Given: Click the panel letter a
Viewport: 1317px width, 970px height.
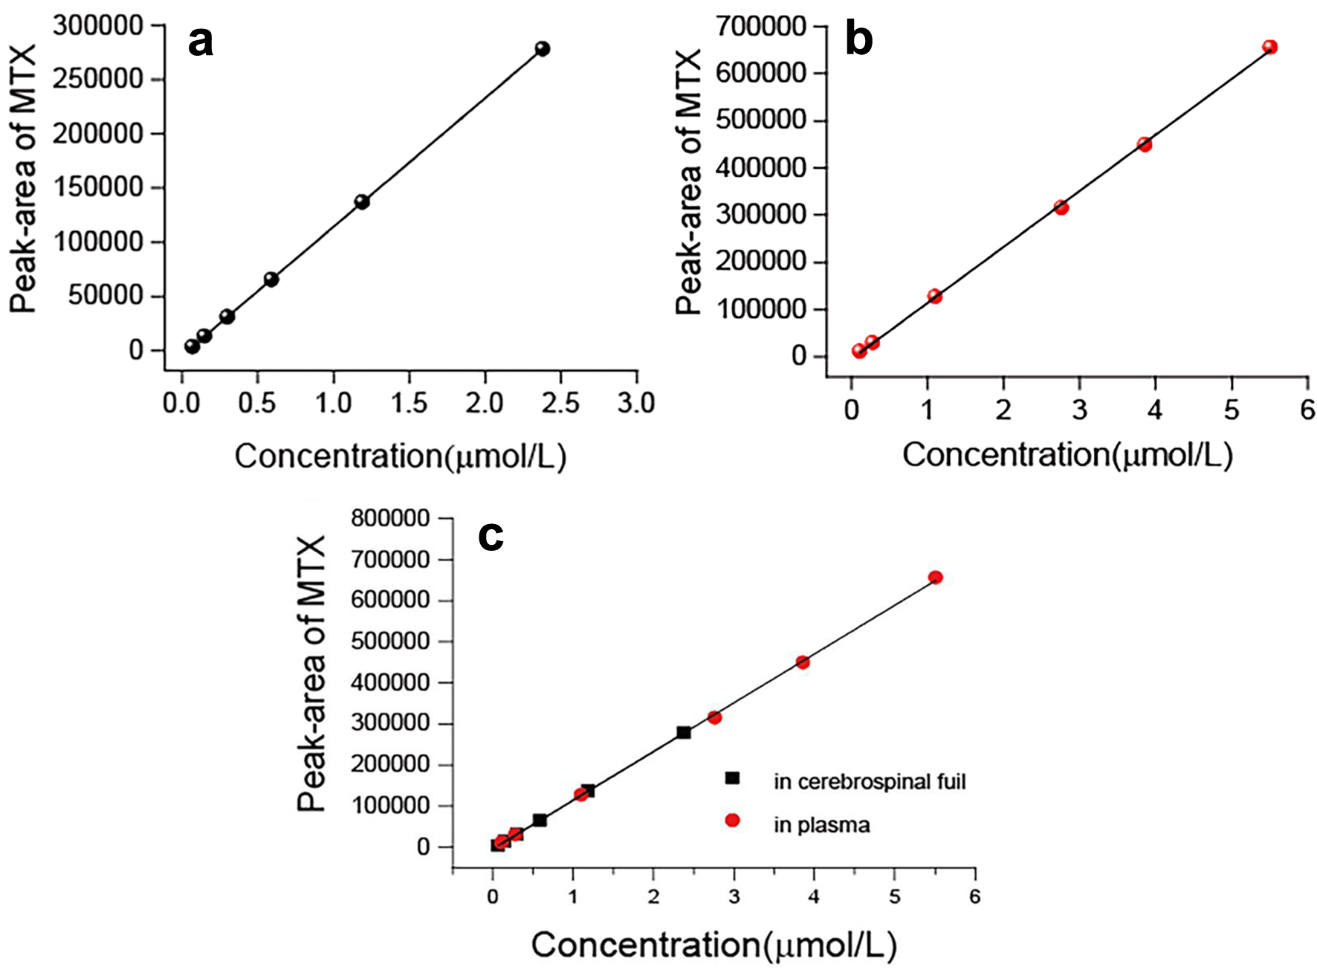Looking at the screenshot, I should coord(201,42).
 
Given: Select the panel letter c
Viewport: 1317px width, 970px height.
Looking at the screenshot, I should coord(491,535).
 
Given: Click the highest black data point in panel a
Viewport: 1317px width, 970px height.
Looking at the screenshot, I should coord(543,49).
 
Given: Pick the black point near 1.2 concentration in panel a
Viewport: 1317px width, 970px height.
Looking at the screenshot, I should coord(362,201).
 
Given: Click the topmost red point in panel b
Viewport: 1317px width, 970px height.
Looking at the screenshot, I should coord(1269,48).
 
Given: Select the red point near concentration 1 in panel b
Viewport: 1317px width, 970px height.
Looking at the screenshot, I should coord(934,297).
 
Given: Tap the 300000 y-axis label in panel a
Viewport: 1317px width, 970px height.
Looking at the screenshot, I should coord(98,26).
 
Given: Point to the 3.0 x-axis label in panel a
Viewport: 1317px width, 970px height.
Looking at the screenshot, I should coord(637,403).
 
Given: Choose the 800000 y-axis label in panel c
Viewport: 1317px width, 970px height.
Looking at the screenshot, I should coord(390,518).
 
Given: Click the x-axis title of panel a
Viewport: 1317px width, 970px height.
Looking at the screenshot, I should coord(401,456).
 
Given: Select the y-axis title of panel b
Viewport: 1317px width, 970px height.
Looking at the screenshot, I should coord(689,182).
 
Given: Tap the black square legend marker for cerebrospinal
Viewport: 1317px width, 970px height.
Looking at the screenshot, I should coord(733,778).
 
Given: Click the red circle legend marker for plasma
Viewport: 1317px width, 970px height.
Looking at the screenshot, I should coord(733,821).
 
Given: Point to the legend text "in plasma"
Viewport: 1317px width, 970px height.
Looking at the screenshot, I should coord(821,825).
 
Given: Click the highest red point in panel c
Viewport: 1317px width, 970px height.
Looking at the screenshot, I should coord(936,578).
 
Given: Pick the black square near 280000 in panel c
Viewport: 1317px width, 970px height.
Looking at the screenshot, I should coord(684,733).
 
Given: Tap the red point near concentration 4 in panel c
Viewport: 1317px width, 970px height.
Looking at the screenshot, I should coord(803,662).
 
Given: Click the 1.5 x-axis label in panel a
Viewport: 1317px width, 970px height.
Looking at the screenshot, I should coord(410,403).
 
